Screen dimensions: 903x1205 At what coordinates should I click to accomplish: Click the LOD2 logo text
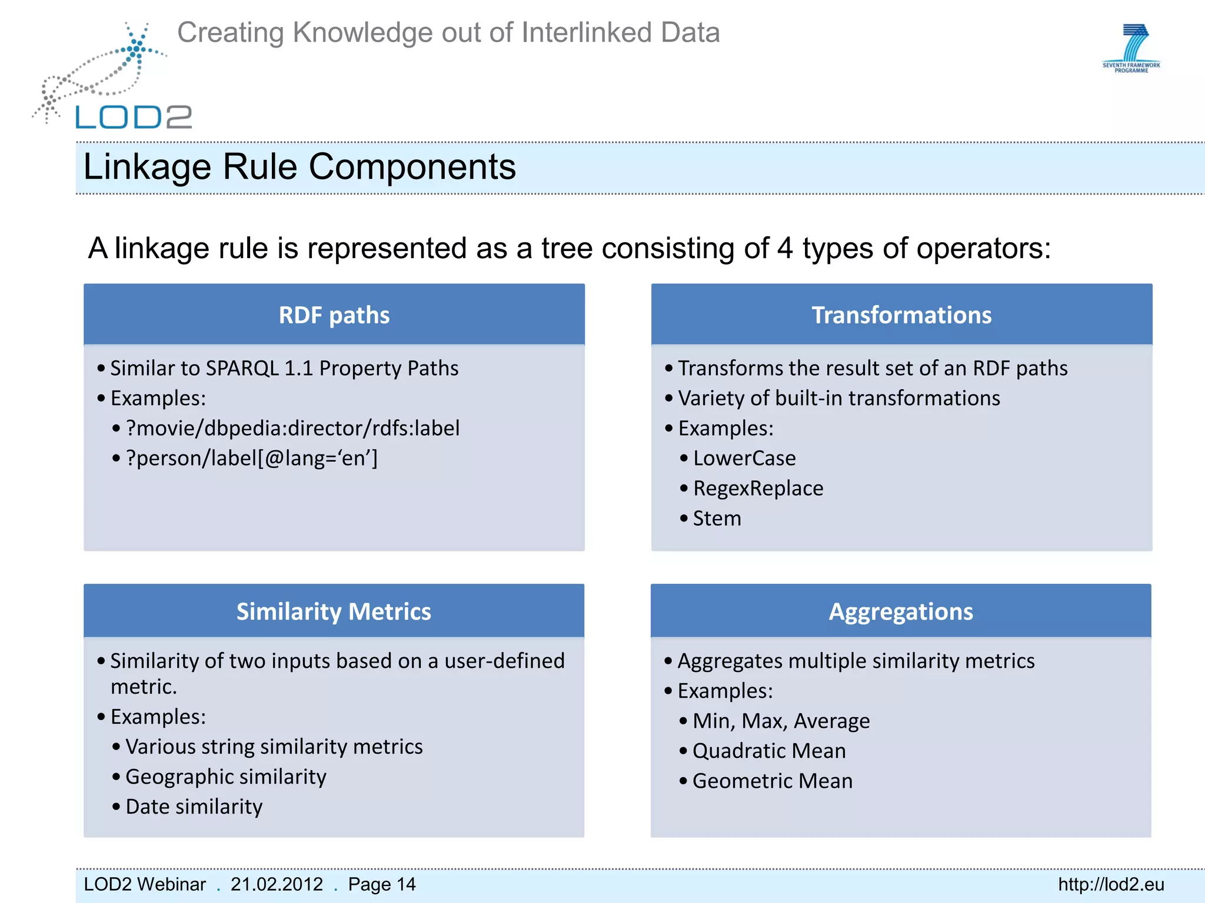pyautogui.click(x=134, y=117)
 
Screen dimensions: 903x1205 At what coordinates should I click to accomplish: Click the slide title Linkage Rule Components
pyautogui.click(x=299, y=167)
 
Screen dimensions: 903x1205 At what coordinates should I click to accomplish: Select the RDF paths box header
pyautogui.click(x=334, y=315)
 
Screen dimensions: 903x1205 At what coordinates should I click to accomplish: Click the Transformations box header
pyautogui.click(x=901, y=315)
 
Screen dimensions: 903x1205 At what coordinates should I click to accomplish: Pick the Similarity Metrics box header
pyautogui.click(x=334, y=611)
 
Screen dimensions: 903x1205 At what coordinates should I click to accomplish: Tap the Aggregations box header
pyautogui.click(x=901, y=611)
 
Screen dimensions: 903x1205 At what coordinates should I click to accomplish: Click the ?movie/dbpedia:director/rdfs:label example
pyautogui.click(x=292, y=429)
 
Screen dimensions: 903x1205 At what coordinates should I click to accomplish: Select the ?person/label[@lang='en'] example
pyautogui.click(x=252, y=459)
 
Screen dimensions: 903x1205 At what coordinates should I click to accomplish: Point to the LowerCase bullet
pyautogui.click(x=744, y=459)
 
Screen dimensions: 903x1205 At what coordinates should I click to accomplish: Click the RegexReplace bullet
pyautogui.click(x=758, y=489)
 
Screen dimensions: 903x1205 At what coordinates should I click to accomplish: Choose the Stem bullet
pyautogui.click(x=717, y=519)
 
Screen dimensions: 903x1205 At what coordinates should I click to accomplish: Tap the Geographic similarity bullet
pyautogui.click(x=225, y=777)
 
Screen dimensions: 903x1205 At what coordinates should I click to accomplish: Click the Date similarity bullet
pyautogui.click(x=194, y=807)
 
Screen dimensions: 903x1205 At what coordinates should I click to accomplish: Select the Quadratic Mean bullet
pyautogui.click(x=768, y=751)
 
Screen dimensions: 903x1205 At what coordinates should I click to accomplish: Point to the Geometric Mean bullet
pyautogui.click(x=772, y=781)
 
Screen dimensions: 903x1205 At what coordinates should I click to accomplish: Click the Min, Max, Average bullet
pyautogui.click(x=781, y=721)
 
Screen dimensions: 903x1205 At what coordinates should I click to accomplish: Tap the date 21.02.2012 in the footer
pyautogui.click(x=277, y=884)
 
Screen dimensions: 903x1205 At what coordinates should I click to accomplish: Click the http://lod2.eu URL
pyautogui.click(x=1111, y=884)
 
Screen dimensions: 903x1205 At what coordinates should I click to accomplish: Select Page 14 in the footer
pyautogui.click(x=381, y=884)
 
